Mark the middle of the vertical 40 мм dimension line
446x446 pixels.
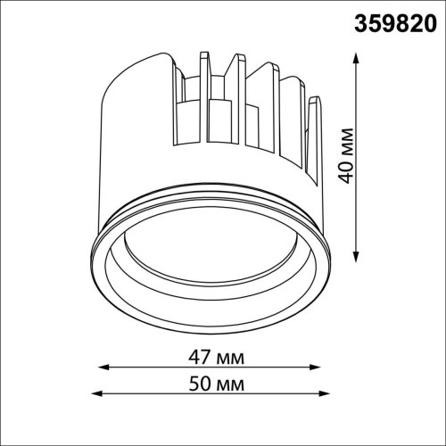(x=358, y=158)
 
